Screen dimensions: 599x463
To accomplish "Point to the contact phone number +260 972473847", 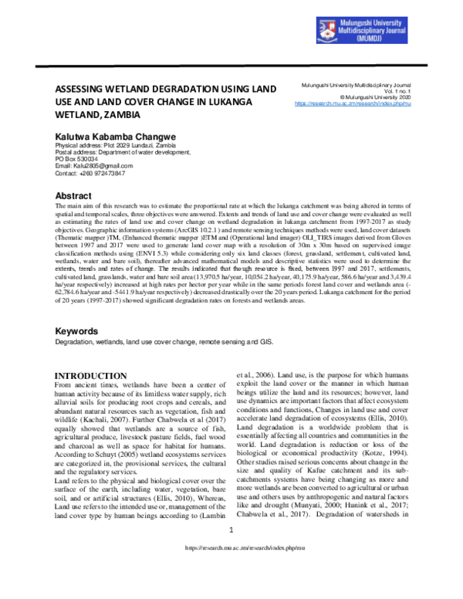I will tap(90, 174).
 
